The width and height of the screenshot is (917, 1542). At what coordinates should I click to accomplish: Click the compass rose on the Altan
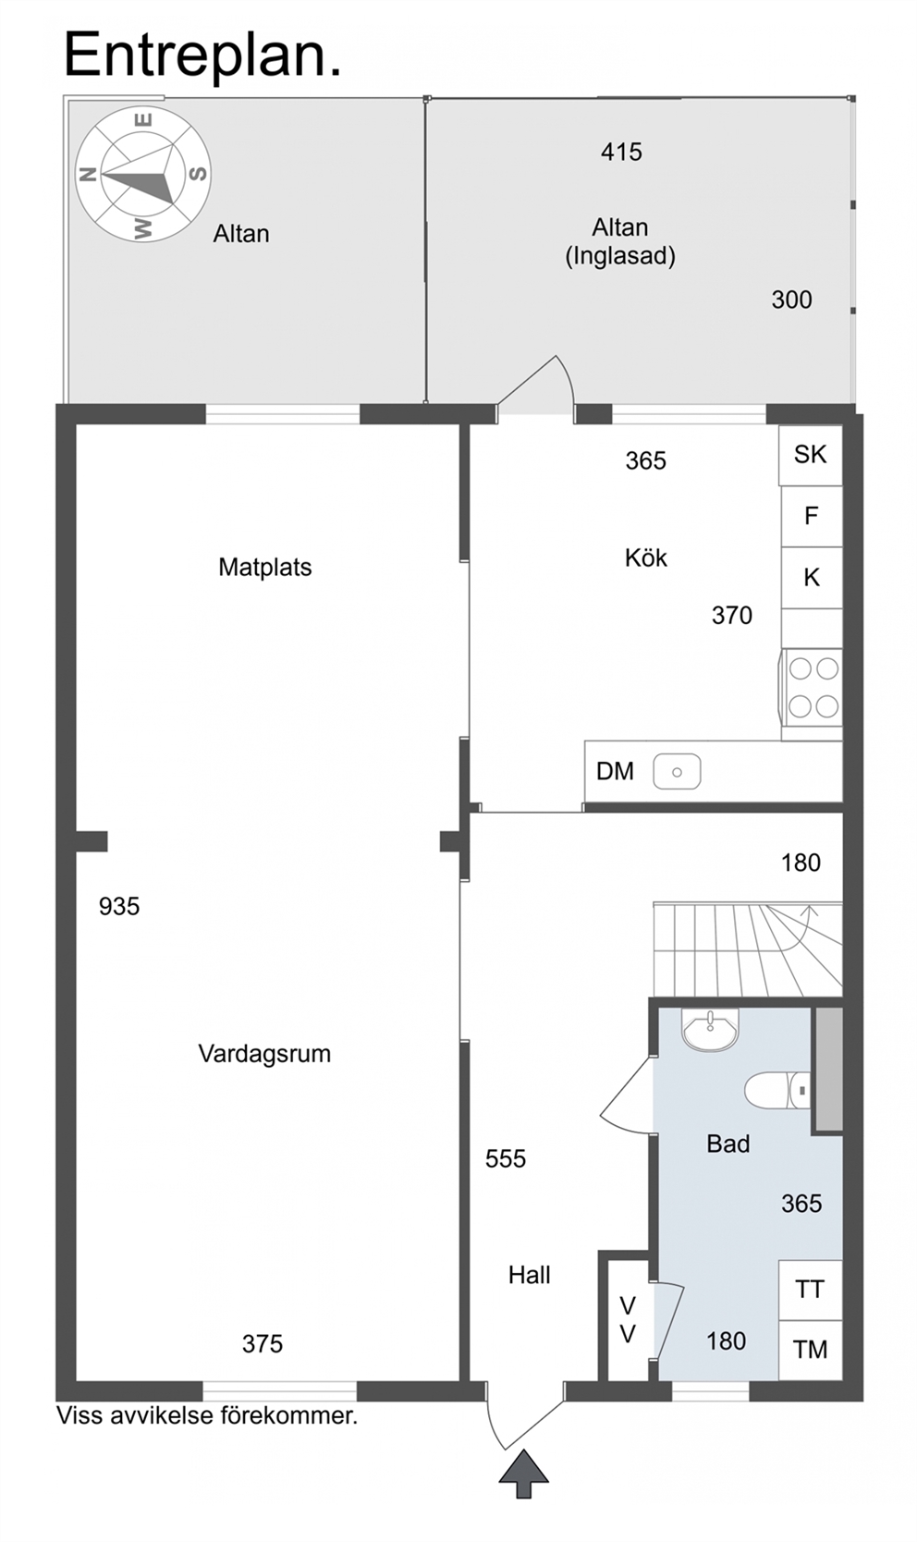[x=142, y=174]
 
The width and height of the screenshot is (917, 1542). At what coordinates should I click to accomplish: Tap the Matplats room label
[x=265, y=568]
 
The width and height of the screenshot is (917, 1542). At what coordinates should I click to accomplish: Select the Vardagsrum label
[x=264, y=1053]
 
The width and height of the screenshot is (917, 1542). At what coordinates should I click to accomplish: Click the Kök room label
[x=646, y=557]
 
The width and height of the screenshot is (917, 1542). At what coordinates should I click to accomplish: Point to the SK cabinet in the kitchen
[x=811, y=455]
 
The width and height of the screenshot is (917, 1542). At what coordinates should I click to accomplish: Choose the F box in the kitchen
[x=812, y=516]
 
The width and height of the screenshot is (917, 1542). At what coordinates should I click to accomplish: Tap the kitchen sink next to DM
[x=677, y=772]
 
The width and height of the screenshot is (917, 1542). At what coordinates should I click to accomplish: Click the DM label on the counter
[x=615, y=771]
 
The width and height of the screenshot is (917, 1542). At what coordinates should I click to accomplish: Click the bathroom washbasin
[x=710, y=1030]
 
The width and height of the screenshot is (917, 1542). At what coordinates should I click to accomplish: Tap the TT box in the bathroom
[x=811, y=1290]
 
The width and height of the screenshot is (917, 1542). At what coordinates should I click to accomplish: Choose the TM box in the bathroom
[x=811, y=1350]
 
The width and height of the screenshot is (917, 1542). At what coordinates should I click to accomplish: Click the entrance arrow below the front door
[x=524, y=1474]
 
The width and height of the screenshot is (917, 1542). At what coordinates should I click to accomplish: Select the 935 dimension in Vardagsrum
[x=119, y=906]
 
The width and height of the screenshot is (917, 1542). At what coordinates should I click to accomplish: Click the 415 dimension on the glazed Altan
[x=621, y=152]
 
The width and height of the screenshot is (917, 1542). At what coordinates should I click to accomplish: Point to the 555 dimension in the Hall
[x=506, y=1158]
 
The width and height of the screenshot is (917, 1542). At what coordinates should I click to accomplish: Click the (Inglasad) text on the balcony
[x=620, y=256]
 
